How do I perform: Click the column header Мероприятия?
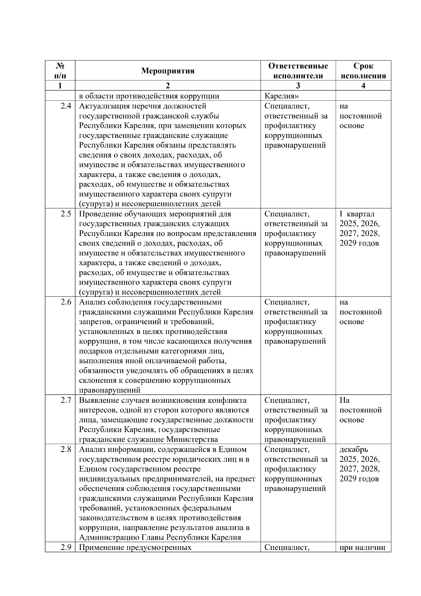pyautogui.click(x=168, y=71)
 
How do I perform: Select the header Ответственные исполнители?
pyautogui.click(x=298, y=71)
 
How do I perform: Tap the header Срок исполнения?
pyautogui.click(x=363, y=71)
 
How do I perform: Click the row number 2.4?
pyautogui.click(x=66, y=106)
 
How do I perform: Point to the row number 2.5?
pyautogui.click(x=66, y=214)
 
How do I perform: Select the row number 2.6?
pyautogui.click(x=66, y=302)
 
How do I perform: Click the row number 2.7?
pyautogui.click(x=66, y=400)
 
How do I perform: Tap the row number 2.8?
pyautogui.click(x=66, y=450)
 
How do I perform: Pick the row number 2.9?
pyautogui.click(x=66, y=547)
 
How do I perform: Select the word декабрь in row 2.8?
pyautogui.click(x=354, y=450)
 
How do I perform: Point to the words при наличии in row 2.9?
pyautogui.click(x=362, y=547)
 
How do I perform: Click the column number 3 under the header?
pyautogui.click(x=298, y=86)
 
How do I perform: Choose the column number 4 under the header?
pyautogui.click(x=363, y=86)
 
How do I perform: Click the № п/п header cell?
pyautogui.click(x=60, y=71)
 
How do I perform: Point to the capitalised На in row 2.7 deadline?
pyautogui.click(x=345, y=400)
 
